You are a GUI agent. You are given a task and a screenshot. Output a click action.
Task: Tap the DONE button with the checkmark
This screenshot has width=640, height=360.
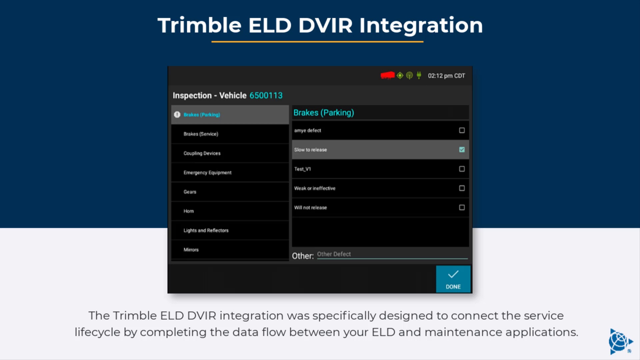point(453,279)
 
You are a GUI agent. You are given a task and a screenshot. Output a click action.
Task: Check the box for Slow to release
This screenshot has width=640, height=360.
point(462,150)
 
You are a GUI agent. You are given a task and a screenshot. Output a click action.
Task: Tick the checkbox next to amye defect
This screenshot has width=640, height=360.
point(462,130)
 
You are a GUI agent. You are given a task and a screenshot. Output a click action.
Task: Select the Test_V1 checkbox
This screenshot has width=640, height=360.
point(462,169)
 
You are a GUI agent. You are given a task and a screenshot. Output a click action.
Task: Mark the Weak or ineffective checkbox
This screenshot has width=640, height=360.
point(462,188)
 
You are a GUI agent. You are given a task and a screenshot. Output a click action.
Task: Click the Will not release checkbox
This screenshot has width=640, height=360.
point(462,208)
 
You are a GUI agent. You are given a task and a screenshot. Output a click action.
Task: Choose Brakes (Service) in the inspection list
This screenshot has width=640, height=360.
point(201,134)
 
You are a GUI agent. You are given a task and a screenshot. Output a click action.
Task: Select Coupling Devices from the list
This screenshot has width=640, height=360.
point(202,153)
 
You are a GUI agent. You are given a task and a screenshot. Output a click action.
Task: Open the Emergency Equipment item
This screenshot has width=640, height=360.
point(207,173)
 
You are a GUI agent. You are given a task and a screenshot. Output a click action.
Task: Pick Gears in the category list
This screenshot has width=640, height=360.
point(190,192)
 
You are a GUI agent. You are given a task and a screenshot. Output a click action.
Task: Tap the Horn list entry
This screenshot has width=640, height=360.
point(189,211)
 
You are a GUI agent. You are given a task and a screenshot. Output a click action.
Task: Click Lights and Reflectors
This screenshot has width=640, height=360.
point(206,231)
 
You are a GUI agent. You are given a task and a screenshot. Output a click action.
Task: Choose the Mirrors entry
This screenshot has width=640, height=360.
point(191,250)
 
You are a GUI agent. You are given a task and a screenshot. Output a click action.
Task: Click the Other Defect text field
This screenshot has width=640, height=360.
point(392,254)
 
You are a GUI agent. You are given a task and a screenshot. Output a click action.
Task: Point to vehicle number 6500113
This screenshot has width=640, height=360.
point(266,96)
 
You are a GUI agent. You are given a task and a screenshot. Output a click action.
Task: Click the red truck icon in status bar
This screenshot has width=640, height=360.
point(388,76)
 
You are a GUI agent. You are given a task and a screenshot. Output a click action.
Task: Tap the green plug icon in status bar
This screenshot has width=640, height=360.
point(419,75)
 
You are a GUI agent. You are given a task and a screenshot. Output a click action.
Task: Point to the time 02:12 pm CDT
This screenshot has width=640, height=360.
point(446,76)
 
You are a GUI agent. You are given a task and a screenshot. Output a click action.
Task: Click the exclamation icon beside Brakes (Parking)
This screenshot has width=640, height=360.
point(177,115)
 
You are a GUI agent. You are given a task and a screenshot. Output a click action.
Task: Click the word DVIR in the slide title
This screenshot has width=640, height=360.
point(325,25)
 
